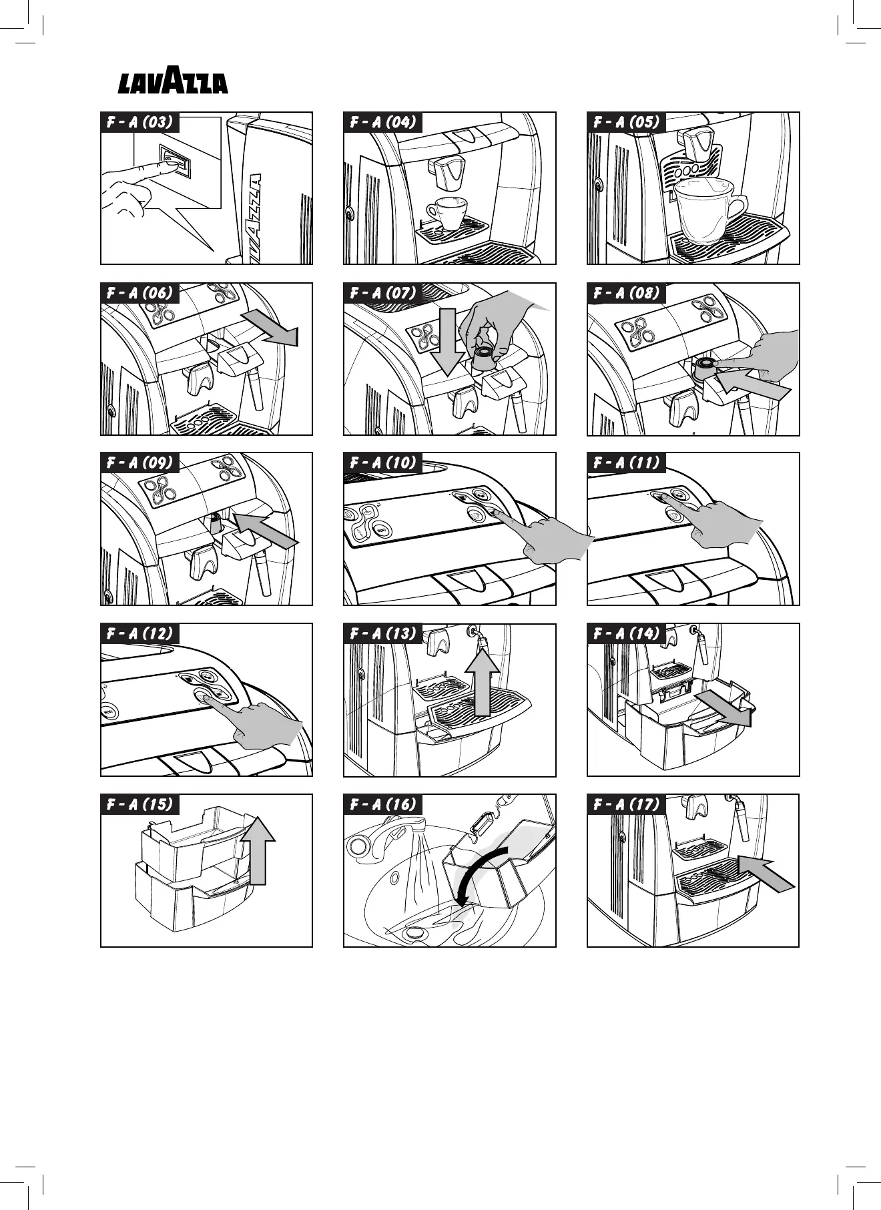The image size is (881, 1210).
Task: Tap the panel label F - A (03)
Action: pos(139,122)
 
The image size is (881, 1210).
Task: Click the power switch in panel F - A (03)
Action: pos(174,162)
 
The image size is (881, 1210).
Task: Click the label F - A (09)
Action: pos(139,463)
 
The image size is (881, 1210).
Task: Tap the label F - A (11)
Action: pos(626,463)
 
